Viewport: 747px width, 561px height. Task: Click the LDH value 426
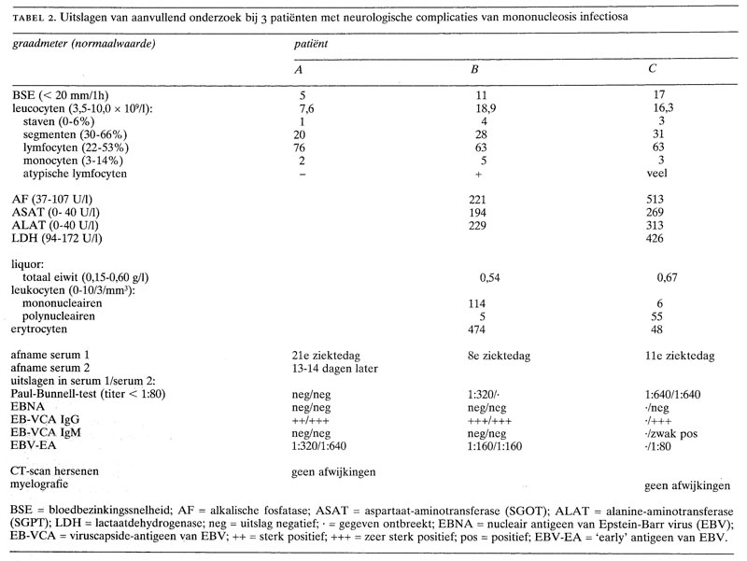(668, 238)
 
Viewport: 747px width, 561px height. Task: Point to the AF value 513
(668, 199)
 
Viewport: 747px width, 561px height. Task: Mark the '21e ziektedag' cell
(326, 356)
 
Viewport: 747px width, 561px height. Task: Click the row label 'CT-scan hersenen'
(54, 472)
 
